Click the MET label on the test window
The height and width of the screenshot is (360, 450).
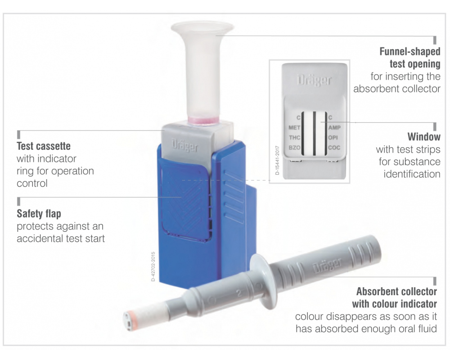pyautogui.click(x=294, y=127)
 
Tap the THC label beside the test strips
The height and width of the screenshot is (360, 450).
pyautogui.click(x=294, y=138)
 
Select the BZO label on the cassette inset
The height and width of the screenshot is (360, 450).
pyautogui.click(x=294, y=148)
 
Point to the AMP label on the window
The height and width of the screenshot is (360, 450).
pyautogui.click(x=334, y=127)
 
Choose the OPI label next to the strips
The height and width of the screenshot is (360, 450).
pyautogui.click(x=333, y=138)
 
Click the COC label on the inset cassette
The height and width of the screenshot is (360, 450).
pyautogui.click(x=334, y=148)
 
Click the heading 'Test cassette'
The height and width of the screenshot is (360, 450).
pyautogui.click(x=44, y=146)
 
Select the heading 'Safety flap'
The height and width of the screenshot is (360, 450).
pyautogui.click(x=39, y=214)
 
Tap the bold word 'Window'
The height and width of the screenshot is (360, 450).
pyautogui.click(x=424, y=137)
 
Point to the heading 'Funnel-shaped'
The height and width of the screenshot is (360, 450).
pyautogui.click(x=410, y=51)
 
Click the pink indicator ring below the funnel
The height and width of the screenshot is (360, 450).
pyautogui.click(x=204, y=121)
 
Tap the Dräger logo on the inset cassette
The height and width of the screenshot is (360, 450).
pyautogui.click(x=314, y=80)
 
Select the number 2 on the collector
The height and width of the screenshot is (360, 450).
pyautogui.click(x=238, y=293)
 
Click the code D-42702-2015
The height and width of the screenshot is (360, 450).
pyautogui.click(x=153, y=266)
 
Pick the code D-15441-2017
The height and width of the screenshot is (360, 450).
pyautogui.click(x=277, y=160)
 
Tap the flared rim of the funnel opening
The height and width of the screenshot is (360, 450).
pyautogui.click(x=202, y=28)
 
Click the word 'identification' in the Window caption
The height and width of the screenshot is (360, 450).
pyautogui.click(x=412, y=174)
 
